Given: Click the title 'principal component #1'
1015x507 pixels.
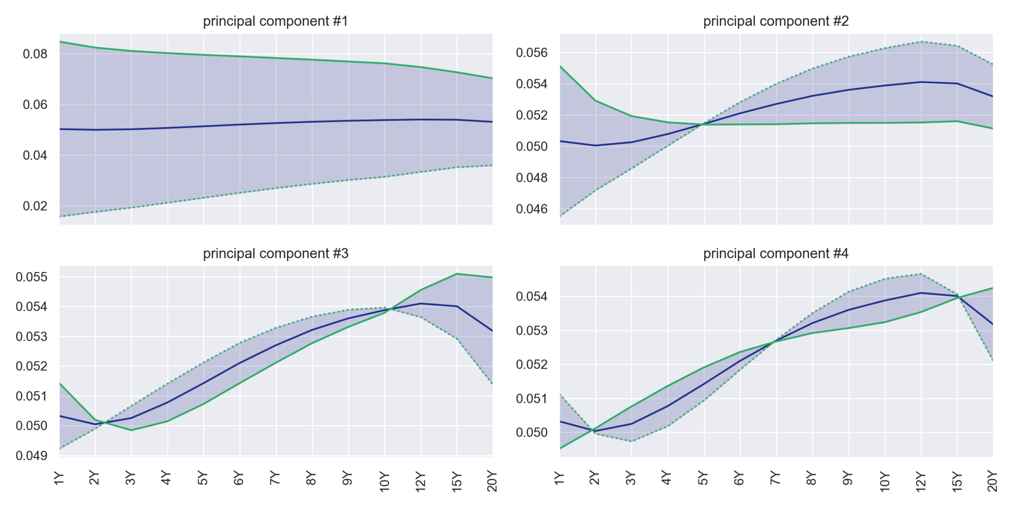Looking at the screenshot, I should (276, 21).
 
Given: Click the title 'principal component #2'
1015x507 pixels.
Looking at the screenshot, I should (775, 21).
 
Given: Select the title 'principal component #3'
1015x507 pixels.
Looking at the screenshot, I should (276, 253).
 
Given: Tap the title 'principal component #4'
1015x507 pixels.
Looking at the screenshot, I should (775, 253).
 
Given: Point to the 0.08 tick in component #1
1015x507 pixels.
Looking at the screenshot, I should (35, 54).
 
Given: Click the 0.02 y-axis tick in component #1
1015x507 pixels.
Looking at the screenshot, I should (35, 206).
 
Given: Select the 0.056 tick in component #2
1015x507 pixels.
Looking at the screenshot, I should (532, 53).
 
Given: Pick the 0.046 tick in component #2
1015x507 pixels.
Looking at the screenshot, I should (532, 209).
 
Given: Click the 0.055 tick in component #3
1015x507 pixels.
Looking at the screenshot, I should (31, 277).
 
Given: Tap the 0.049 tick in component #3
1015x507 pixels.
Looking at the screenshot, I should (31, 456).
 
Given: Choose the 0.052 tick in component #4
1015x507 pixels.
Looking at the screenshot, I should (532, 365).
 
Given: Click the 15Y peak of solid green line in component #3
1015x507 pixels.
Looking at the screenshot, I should (457, 274).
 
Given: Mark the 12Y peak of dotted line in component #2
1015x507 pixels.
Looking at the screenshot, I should (921, 42).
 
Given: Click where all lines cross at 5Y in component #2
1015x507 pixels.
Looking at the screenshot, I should (704, 124).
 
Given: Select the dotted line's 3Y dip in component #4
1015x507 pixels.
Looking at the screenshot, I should (631, 441).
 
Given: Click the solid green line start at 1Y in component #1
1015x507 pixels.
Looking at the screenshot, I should (60, 42).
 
